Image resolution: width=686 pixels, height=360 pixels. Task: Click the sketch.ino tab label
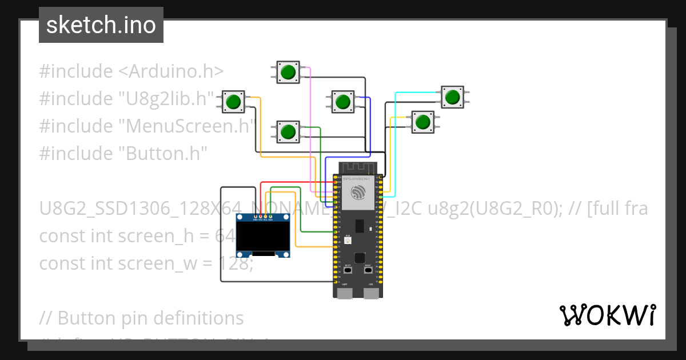101,25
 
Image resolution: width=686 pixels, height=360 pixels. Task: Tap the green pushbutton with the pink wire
288,72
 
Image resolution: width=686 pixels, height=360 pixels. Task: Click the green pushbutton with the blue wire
342,102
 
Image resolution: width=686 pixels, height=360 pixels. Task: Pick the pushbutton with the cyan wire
453,96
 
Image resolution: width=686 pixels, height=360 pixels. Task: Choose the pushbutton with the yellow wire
423,122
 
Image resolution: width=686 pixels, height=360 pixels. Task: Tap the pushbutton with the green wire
288,131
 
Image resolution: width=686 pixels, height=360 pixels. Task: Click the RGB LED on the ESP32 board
347,241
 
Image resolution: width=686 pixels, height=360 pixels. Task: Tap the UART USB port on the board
344,293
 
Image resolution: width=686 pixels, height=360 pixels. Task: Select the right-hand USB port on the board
372,293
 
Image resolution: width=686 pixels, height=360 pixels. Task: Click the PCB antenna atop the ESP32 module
358,167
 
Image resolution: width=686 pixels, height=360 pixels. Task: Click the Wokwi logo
607,315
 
